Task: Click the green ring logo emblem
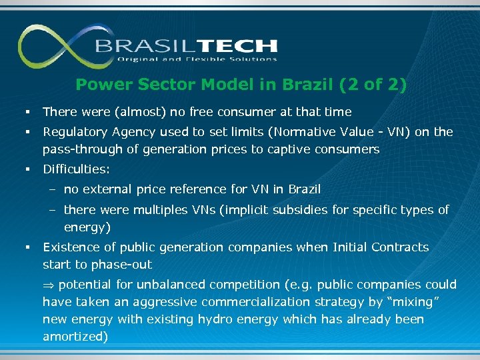point(53,47)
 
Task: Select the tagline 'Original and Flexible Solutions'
point(197,59)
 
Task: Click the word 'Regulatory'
point(73,132)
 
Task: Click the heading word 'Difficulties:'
point(76,169)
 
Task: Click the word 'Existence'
point(69,247)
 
